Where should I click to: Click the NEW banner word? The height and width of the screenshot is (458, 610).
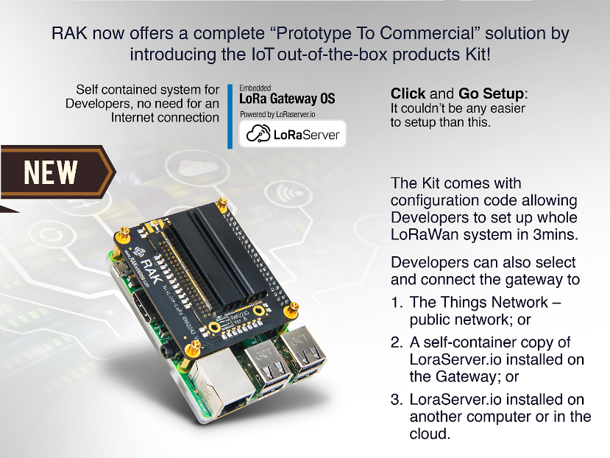[x=51, y=172]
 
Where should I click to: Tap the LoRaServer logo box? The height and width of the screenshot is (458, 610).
[x=292, y=133]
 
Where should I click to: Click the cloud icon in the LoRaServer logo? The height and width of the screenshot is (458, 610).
[x=258, y=133]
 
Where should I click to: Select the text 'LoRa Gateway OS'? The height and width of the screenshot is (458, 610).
[x=287, y=99]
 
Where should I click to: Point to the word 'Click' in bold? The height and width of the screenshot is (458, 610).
[x=408, y=94]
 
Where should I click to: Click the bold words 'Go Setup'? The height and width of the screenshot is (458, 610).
[x=492, y=94]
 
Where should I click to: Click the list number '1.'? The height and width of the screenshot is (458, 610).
[x=397, y=302]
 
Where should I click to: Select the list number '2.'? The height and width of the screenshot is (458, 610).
[x=397, y=342]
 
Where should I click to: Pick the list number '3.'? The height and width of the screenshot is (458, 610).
[x=397, y=400]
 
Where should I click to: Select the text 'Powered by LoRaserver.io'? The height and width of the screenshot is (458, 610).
[x=277, y=115]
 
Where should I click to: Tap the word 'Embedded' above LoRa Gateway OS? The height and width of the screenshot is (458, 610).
[x=255, y=88]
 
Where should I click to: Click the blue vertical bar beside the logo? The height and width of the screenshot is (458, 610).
[x=230, y=116]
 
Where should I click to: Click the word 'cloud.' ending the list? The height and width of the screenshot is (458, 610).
[x=430, y=434]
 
